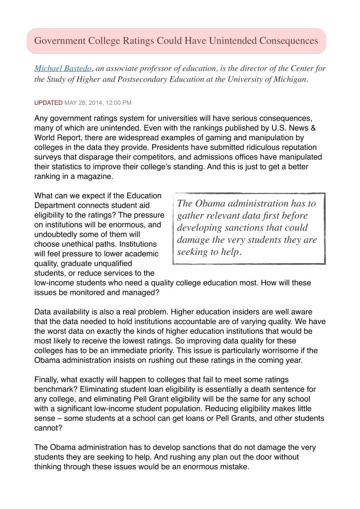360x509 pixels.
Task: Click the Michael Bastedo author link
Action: tap(63, 69)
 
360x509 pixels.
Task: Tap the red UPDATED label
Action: tap(48, 103)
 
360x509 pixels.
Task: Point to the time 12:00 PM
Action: tap(118, 103)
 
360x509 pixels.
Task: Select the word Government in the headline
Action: tap(60, 41)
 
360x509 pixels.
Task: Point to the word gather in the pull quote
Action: tap(190, 215)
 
